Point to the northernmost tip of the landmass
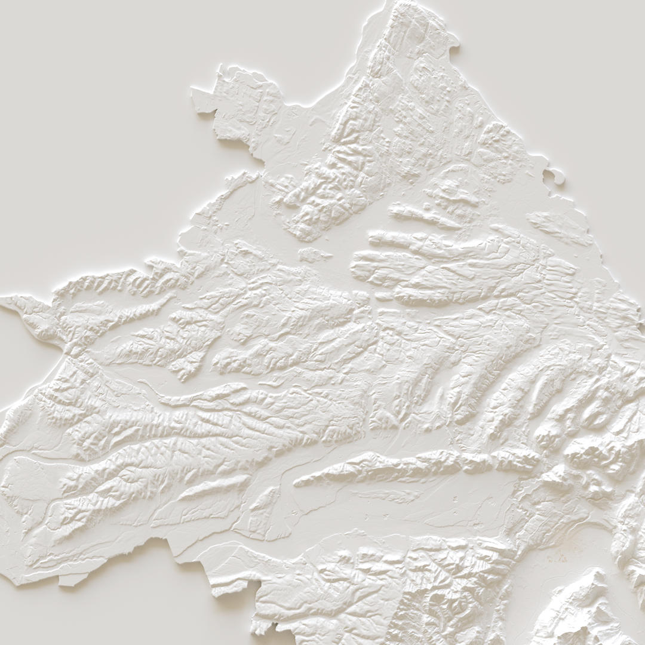pyautogui.click(x=396, y=2)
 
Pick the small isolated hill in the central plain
pyautogui.click(x=314, y=255)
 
